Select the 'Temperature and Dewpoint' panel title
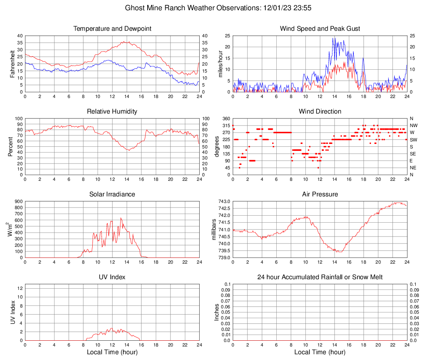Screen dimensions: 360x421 [112, 29]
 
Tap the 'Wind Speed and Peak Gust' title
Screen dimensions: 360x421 [320, 29]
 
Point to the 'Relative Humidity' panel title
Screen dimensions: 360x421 [112, 112]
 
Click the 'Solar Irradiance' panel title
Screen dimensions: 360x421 [112, 194]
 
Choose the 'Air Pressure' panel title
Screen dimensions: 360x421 [320, 194]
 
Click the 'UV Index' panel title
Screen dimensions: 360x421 [112, 277]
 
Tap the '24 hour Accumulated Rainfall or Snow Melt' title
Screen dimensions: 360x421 [320, 277]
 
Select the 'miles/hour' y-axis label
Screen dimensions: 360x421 [221, 64]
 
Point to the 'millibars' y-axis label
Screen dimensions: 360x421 [214, 230]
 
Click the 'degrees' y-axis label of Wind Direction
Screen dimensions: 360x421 [217, 147]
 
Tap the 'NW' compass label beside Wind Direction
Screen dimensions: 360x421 [414, 125]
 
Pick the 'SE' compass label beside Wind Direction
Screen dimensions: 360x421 [413, 154]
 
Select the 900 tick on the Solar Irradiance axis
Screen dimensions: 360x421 [18, 201]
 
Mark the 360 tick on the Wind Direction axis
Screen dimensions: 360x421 [225, 118]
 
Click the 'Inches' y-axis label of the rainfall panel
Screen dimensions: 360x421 [217, 312]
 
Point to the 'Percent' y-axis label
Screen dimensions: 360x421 [11, 147]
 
